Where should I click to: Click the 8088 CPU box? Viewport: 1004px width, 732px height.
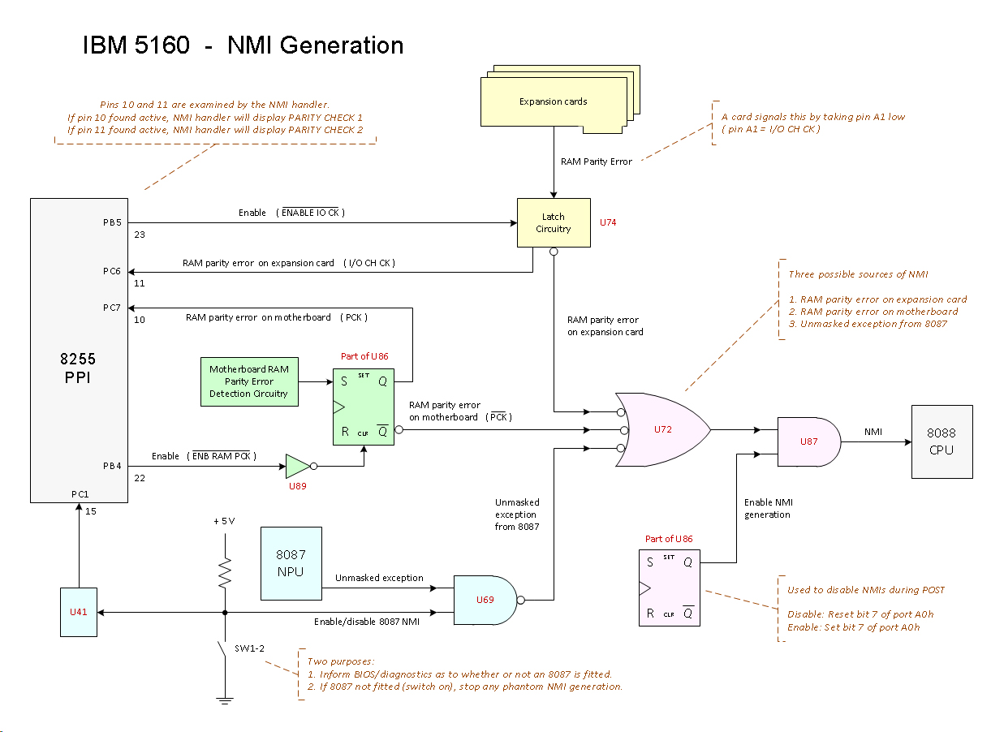(942, 441)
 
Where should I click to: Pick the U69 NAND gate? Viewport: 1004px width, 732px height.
(485, 600)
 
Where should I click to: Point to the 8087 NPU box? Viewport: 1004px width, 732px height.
(291, 563)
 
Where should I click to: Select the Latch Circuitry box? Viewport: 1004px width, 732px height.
(553, 222)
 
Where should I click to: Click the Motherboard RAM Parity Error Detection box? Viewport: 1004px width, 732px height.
(248, 381)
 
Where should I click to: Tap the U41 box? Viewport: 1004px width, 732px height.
(78, 612)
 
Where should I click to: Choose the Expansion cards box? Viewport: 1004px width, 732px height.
(554, 101)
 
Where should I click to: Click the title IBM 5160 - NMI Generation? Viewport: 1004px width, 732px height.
(243, 45)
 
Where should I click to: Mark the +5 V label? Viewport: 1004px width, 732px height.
(224, 521)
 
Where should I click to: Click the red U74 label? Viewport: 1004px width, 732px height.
(607, 222)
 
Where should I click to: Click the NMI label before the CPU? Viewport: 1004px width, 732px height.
(873, 432)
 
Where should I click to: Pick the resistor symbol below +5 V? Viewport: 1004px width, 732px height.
(225, 573)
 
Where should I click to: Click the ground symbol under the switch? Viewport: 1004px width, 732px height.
(225, 700)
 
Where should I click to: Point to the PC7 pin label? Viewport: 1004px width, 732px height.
(111, 308)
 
